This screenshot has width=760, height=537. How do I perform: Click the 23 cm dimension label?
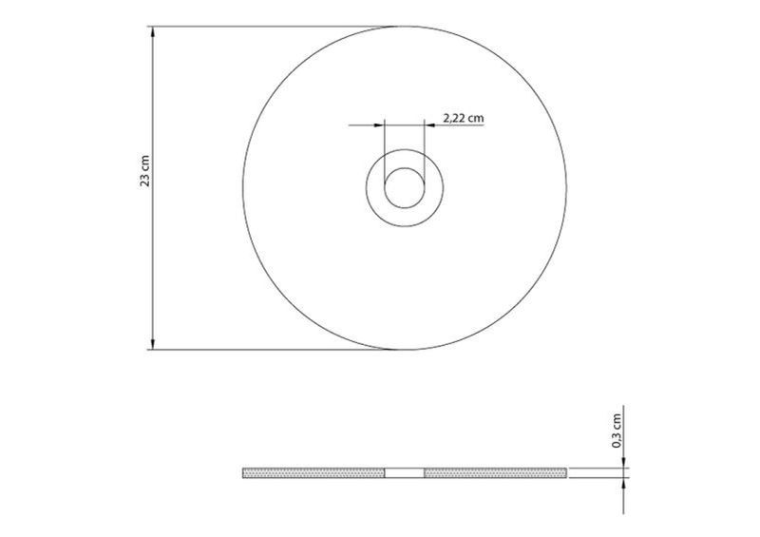coord(145,171)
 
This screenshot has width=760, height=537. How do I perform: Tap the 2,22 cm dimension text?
coord(464,118)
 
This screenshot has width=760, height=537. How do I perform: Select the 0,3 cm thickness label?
coord(617,431)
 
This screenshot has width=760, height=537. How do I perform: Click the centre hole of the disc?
coord(405,188)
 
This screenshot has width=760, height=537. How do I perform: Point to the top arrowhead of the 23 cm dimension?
coord(153,32)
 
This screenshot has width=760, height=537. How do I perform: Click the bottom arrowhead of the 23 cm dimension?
coord(153,343)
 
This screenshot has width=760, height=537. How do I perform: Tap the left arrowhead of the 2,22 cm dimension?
coord(378,125)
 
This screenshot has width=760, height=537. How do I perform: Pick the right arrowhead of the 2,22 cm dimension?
coord(430,125)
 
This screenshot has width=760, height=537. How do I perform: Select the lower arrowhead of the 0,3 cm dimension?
coord(623,484)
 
